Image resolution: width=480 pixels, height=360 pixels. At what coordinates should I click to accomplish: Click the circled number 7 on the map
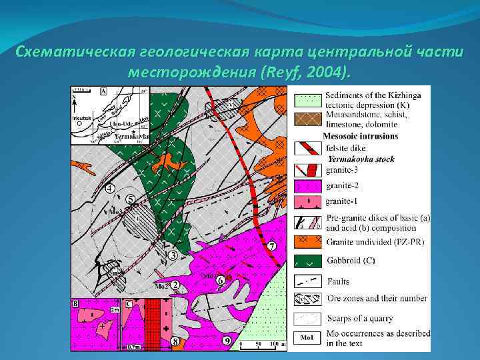pos(271,246)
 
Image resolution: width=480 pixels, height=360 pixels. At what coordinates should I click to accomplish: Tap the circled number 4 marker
pos(109,189)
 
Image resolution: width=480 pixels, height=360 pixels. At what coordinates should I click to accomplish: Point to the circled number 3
pos(172,255)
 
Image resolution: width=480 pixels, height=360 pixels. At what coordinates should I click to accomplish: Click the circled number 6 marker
pos(221,281)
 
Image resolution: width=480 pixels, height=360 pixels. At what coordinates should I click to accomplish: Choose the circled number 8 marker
pos(175,341)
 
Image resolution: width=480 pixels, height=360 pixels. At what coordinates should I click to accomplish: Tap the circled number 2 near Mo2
pos(175,285)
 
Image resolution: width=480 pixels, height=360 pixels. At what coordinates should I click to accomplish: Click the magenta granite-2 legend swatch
pos(309,184)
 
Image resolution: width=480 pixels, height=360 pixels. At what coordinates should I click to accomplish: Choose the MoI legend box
pos(309,337)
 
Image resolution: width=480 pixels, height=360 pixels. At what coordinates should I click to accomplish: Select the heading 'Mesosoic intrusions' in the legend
pos(359,136)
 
